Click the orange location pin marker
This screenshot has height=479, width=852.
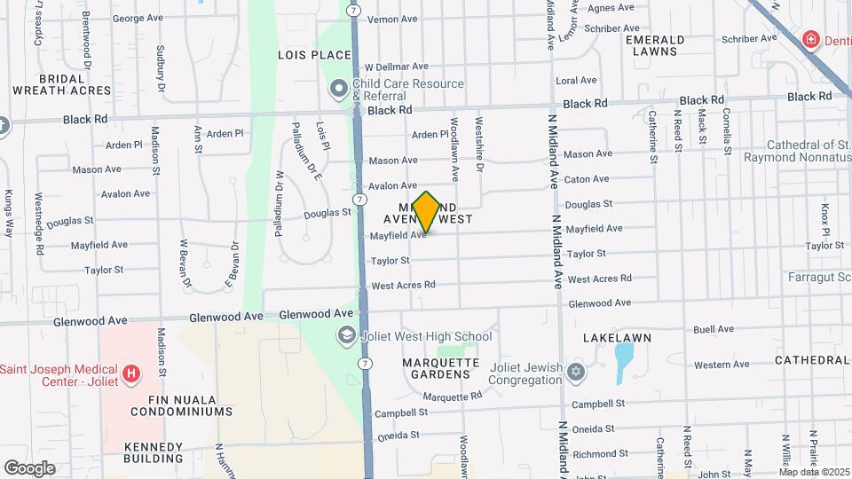pyautogui.click(x=426, y=211)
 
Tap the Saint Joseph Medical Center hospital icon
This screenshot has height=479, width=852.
pyautogui.click(x=132, y=375)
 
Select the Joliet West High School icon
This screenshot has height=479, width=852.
pyautogui.click(x=345, y=336)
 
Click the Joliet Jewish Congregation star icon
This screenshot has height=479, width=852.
pyautogui.click(x=576, y=371)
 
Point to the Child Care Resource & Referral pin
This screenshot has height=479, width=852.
pyautogui.click(x=338, y=89)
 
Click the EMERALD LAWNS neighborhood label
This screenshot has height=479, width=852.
pyautogui.click(x=655, y=46)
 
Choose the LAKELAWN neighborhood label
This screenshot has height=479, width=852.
pyautogui.click(x=617, y=338)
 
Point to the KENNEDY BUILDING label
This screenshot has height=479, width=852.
pyautogui.click(x=154, y=452)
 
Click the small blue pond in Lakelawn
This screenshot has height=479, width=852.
pyautogui.click(x=624, y=359)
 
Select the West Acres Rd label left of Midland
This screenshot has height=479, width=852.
pyautogui.click(x=403, y=286)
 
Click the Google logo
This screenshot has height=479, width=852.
pyautogui.click(x=29, y=467)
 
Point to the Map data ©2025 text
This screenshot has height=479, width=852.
pyautogui.click(x=814, y=472)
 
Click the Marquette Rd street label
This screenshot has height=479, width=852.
pyautogui.click(x=452, y=397)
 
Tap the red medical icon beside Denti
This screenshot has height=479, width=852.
pyautogui.click(x=809, y=39)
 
